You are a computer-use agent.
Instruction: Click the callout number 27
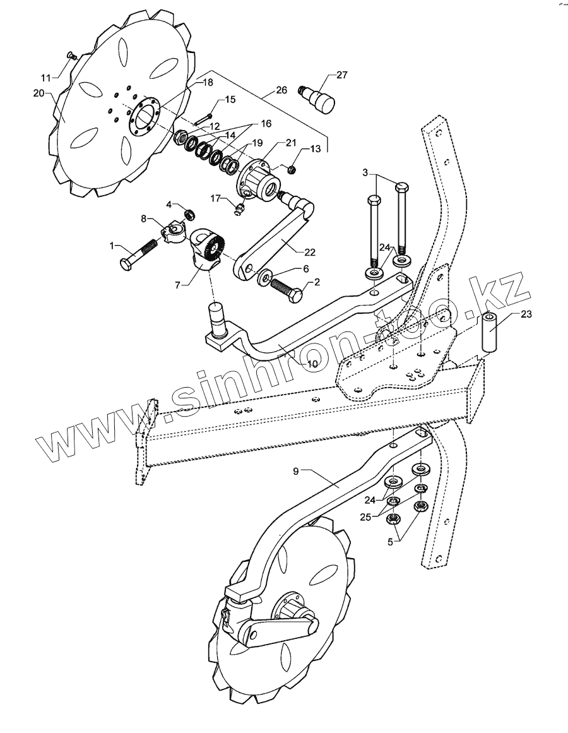tap(341, 75)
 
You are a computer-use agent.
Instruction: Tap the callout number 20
tap(38, 93)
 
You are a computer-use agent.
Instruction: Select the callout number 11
tap(45, 78)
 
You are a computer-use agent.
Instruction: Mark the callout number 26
tap(281, 90)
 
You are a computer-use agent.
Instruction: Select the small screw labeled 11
tap(71, 57)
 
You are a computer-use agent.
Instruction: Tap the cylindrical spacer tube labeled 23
tap(491, 331)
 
